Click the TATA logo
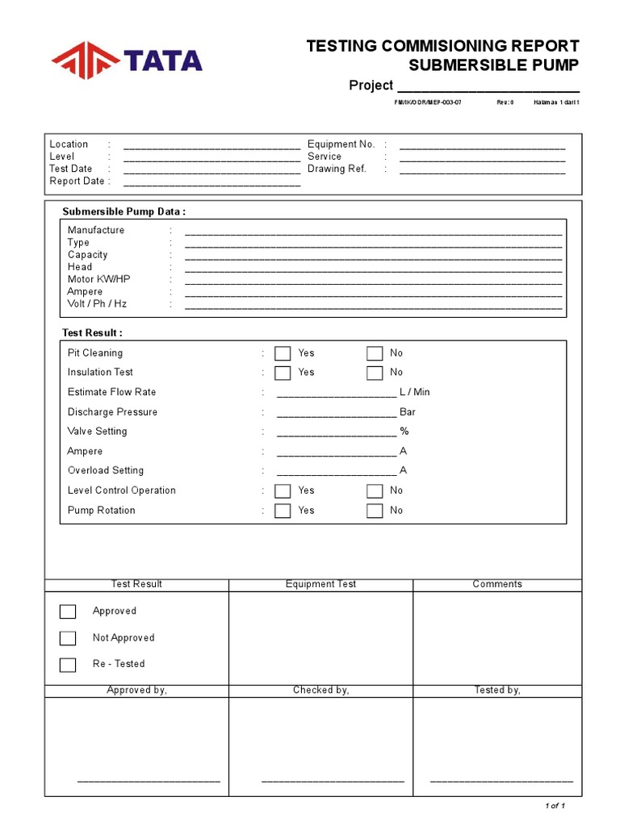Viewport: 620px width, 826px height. [x=127, y=60]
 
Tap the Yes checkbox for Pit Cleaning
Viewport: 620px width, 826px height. [x=283, y=353]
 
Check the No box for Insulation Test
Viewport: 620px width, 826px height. [x=375, y=373]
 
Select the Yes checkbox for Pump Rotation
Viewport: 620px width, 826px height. [x=283, y=511]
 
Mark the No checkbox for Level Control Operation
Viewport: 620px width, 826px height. [x=375, y=490]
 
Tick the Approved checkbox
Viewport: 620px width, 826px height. [x=68, y=611]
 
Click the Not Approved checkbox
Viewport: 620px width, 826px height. [x=68, y=638]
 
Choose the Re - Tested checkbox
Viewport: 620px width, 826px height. [x=68, y=665]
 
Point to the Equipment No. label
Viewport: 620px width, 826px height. [x=341, y=144]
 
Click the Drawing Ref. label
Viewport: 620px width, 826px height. [x=337, y=169]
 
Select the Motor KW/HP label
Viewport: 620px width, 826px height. [x=98, y=279]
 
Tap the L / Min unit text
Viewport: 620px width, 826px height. [x=415, y=392]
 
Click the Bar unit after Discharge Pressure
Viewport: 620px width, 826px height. [x=408, y=412]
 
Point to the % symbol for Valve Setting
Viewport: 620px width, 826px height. [x=404, y=432]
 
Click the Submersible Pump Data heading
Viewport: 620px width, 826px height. [x=124, y=212]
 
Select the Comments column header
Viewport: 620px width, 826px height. [x=497, y=584]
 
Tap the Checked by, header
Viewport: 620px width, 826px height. [x=320, y=690]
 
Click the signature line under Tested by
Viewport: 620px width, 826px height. [x=501, y=781]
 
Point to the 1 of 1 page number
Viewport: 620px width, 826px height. [x=555, y=806]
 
